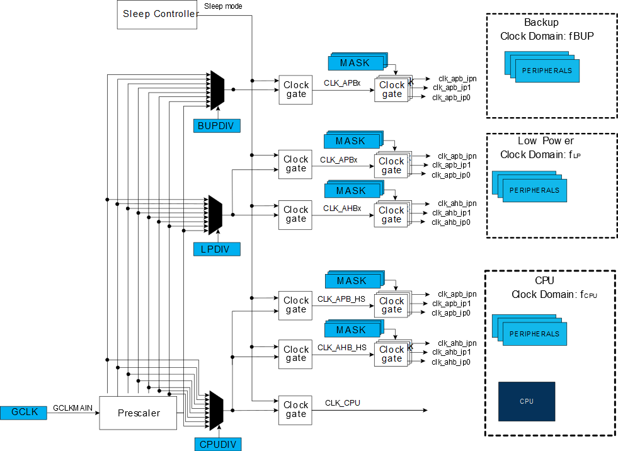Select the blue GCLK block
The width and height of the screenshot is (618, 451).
(25, 413)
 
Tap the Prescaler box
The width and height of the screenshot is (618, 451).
(138, 413)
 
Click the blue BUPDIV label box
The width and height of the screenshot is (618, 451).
(217, 126)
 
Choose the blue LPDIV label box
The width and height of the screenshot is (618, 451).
(217, 249)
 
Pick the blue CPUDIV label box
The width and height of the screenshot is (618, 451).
(217, 444)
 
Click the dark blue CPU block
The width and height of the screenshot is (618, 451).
(527, 401)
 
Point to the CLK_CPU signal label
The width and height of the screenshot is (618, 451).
(343, 403)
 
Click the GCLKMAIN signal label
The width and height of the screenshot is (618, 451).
(73, 408)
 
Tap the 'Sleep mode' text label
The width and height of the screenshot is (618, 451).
(223, 6)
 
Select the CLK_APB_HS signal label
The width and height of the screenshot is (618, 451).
(341, 299)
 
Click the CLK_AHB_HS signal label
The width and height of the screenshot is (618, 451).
(341, 347)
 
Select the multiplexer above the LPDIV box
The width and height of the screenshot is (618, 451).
(216, 214)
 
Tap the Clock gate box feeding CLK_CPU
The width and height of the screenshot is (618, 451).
(295, 409)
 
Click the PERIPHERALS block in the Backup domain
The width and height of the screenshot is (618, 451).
(547, 71)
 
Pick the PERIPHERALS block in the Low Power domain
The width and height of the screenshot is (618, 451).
(534, 190)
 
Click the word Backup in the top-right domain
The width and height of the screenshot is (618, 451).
(541, 23)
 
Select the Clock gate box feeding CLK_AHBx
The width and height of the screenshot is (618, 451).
(295, 214)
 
